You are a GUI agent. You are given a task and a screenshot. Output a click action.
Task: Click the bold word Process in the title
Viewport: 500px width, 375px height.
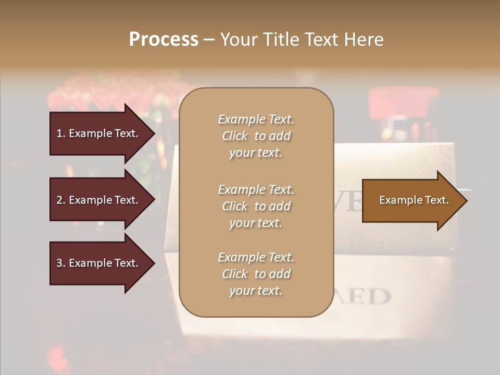[x=164, y=40]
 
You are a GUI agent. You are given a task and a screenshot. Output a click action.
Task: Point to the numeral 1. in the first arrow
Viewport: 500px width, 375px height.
[x=61, y=133]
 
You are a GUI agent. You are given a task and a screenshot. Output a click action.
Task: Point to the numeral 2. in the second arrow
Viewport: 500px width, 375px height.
[x=61, y=200]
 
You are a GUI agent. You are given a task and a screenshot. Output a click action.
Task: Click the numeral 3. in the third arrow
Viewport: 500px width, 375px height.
[x=61, y=264]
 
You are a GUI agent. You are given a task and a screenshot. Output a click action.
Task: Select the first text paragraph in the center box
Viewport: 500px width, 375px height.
[x=256, y=136]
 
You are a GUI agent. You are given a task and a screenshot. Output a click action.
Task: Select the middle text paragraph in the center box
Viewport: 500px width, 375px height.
[x=256, y=206]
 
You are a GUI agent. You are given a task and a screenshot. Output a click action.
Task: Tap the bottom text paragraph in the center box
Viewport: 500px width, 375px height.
[x=256, y=274]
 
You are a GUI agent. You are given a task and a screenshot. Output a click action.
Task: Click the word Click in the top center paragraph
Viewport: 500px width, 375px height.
[x=235, y=136]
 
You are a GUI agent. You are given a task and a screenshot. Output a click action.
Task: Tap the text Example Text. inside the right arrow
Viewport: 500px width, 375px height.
[x=414, y=201]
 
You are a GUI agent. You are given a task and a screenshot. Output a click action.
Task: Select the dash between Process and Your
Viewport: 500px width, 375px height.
[x=209, y=40]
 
